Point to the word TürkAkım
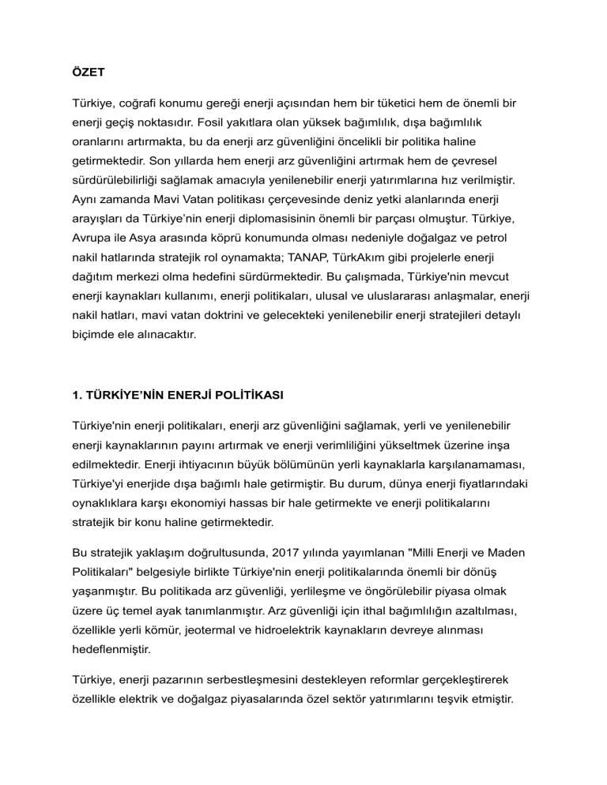(338, 257)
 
